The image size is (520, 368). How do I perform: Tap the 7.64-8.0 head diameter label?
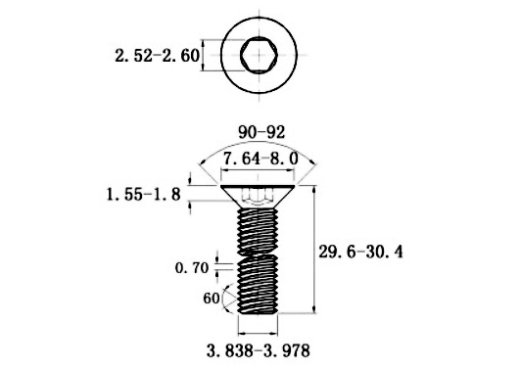(260, 159)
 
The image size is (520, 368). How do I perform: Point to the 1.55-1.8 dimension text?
(144, 196)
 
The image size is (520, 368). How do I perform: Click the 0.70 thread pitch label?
(193, 266)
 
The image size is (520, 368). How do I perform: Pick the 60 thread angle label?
(209, 299)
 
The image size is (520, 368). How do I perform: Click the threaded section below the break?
(260, 284)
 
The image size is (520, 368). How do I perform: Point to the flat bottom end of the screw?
(260, 314)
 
